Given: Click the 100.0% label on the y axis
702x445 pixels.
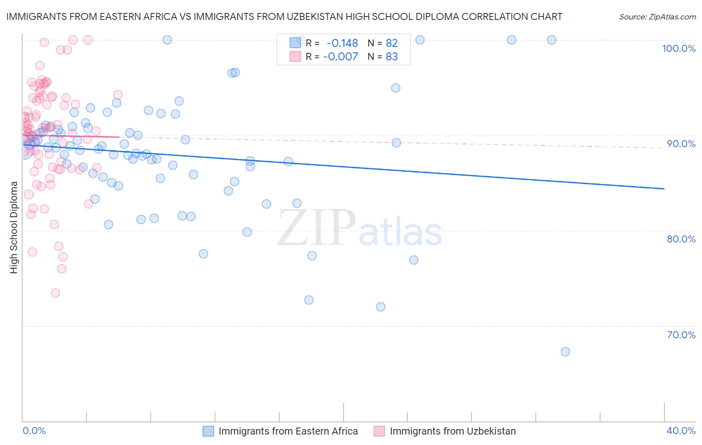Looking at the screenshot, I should click(679, 48).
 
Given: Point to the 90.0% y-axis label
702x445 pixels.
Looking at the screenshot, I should click(681, 144).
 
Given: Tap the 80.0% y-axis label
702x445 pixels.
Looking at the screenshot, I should click(681, 239).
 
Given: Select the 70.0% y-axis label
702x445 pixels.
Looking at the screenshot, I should click(681, 335).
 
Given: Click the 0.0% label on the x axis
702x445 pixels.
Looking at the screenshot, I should click(34, 431).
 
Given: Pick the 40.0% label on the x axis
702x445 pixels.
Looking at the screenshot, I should click(681, 431).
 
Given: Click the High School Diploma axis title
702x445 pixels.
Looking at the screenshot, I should click(13, 227).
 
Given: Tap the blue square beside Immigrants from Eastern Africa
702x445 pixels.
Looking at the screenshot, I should click(208, 431).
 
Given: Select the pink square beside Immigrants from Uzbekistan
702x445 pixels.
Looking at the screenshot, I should click(379, 431).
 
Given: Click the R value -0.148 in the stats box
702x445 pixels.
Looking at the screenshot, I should click(342, 43).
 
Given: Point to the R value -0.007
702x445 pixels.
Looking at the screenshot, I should click(341, 57).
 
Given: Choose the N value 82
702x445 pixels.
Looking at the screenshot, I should click(392, 43).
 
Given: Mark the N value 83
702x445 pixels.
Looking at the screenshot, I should click(392, 57).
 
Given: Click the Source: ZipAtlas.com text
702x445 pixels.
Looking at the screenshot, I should click(657, 17).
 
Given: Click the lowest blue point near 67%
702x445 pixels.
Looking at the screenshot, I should click(565, 352).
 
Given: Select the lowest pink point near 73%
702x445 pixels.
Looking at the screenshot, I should click(55, 293).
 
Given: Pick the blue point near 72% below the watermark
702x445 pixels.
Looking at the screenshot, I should click(380, 307).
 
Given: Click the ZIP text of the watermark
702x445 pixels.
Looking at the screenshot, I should click(316, 227).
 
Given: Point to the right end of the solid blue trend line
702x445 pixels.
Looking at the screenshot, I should click(664, 189).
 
